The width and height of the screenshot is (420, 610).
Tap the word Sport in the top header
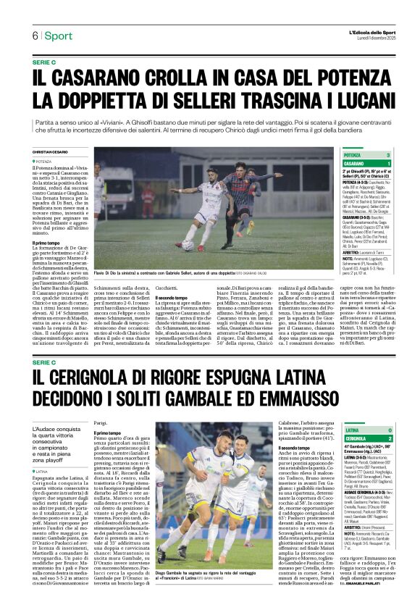pos(59,35)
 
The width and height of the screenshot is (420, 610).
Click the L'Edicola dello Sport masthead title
pos(369,32)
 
